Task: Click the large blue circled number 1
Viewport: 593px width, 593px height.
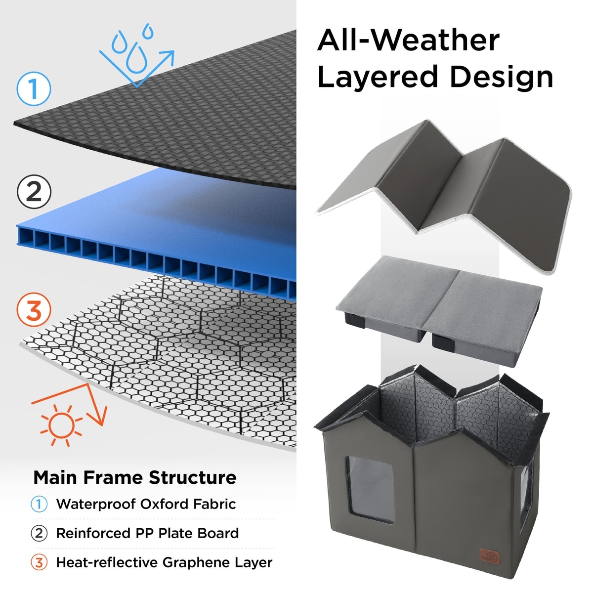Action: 34,88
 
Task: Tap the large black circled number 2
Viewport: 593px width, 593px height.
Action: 34,192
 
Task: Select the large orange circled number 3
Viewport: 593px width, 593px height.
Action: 34,309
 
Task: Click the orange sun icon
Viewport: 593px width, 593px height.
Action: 61,425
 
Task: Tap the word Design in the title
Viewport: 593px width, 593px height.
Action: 502,77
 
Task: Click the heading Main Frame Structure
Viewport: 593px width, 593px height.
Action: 135,477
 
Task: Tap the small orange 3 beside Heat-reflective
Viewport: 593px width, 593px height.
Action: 39,562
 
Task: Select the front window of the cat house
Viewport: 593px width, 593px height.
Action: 370,489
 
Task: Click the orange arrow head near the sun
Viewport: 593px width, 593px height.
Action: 98,416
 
